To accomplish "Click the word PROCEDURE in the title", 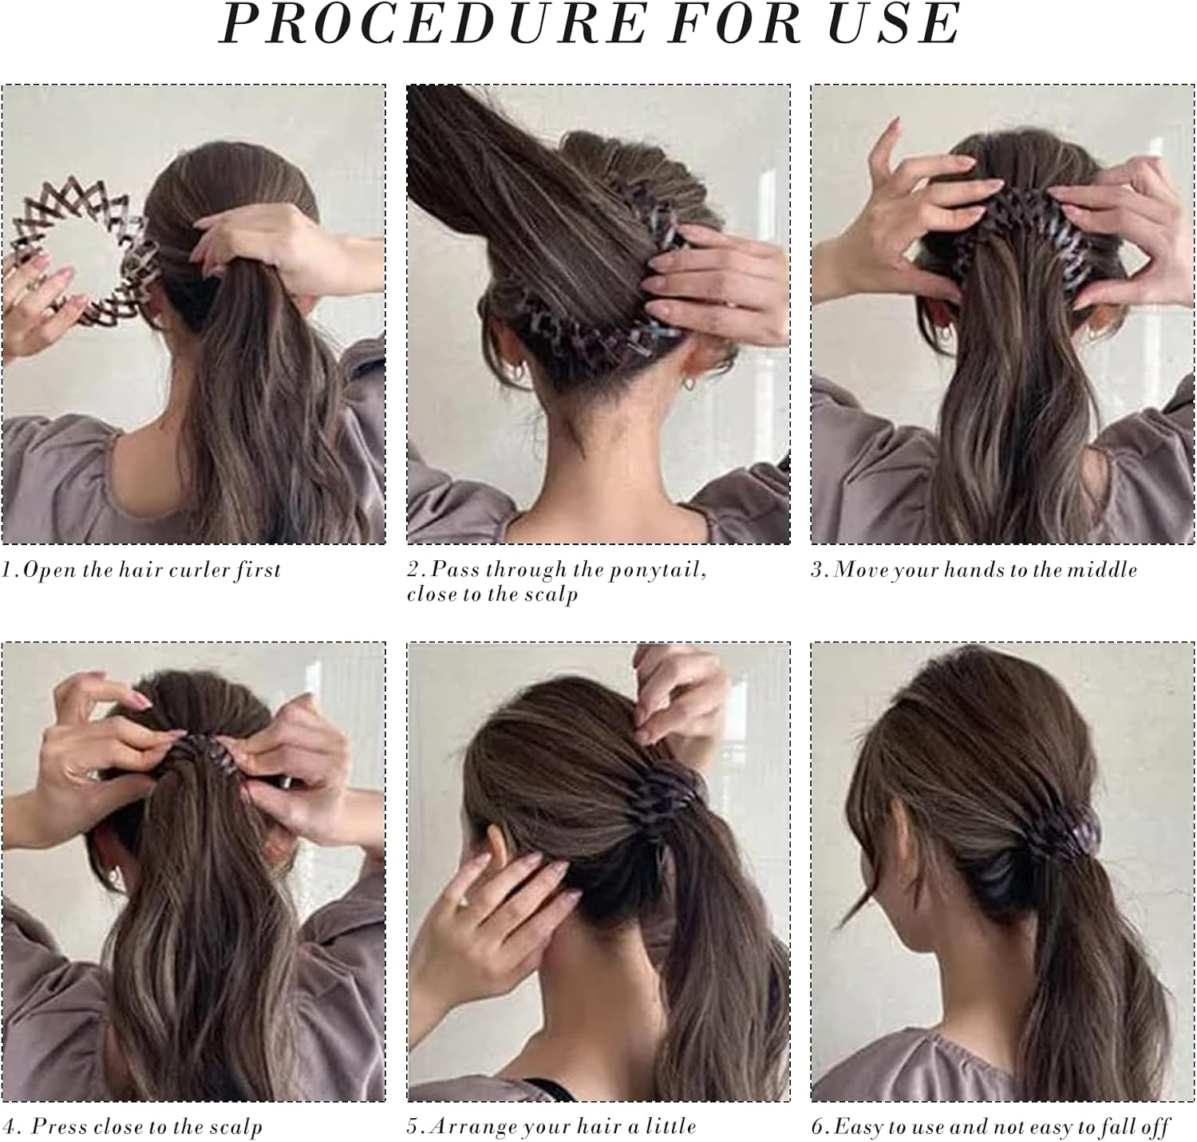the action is pos(433,25).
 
